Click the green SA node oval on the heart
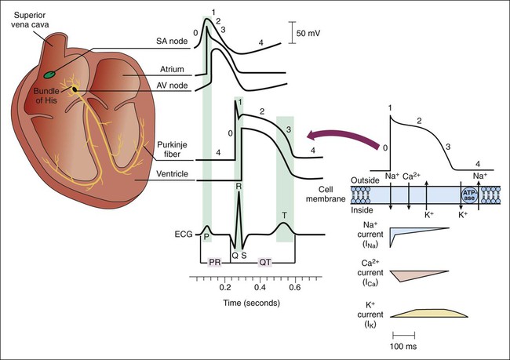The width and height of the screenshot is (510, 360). click(x=50, y=75)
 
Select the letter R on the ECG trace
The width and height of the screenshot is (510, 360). click(x=238, y=185)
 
